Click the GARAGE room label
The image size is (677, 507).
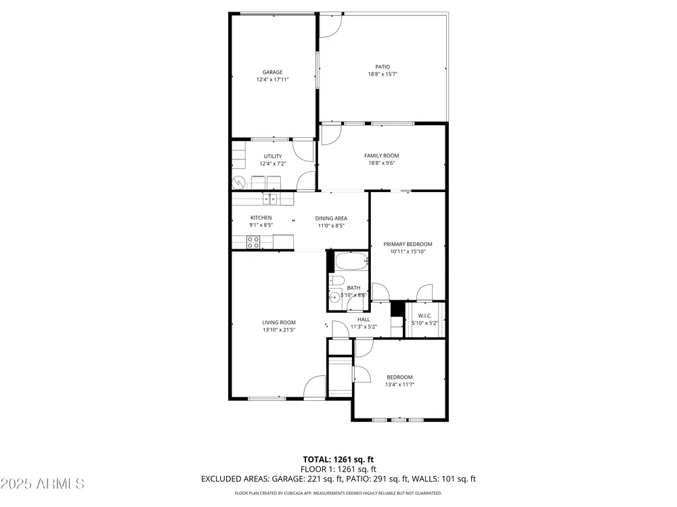pos(272,72)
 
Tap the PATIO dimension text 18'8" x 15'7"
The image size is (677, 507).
pos(383,74)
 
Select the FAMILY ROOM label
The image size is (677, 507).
pos(382,155)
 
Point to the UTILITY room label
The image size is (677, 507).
pos(273,157)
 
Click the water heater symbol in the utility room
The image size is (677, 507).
pos(238,183)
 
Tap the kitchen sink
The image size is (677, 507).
pos(270,199)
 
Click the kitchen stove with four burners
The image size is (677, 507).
pos(253,242)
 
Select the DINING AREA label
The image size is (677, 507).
pos(331,218)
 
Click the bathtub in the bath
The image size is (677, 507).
pos(352,261)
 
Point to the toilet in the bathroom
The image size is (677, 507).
pos(336,281)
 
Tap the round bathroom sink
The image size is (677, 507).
pos(334,297)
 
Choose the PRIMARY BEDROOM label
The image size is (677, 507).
pos(408,245)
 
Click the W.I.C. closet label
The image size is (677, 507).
pos(425,316)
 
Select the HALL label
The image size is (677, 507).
pos(364,320)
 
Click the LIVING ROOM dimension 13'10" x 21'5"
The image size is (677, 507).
pos(279,330)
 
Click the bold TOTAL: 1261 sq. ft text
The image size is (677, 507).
pos(338,460)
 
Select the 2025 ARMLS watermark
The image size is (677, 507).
pos(42,484)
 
